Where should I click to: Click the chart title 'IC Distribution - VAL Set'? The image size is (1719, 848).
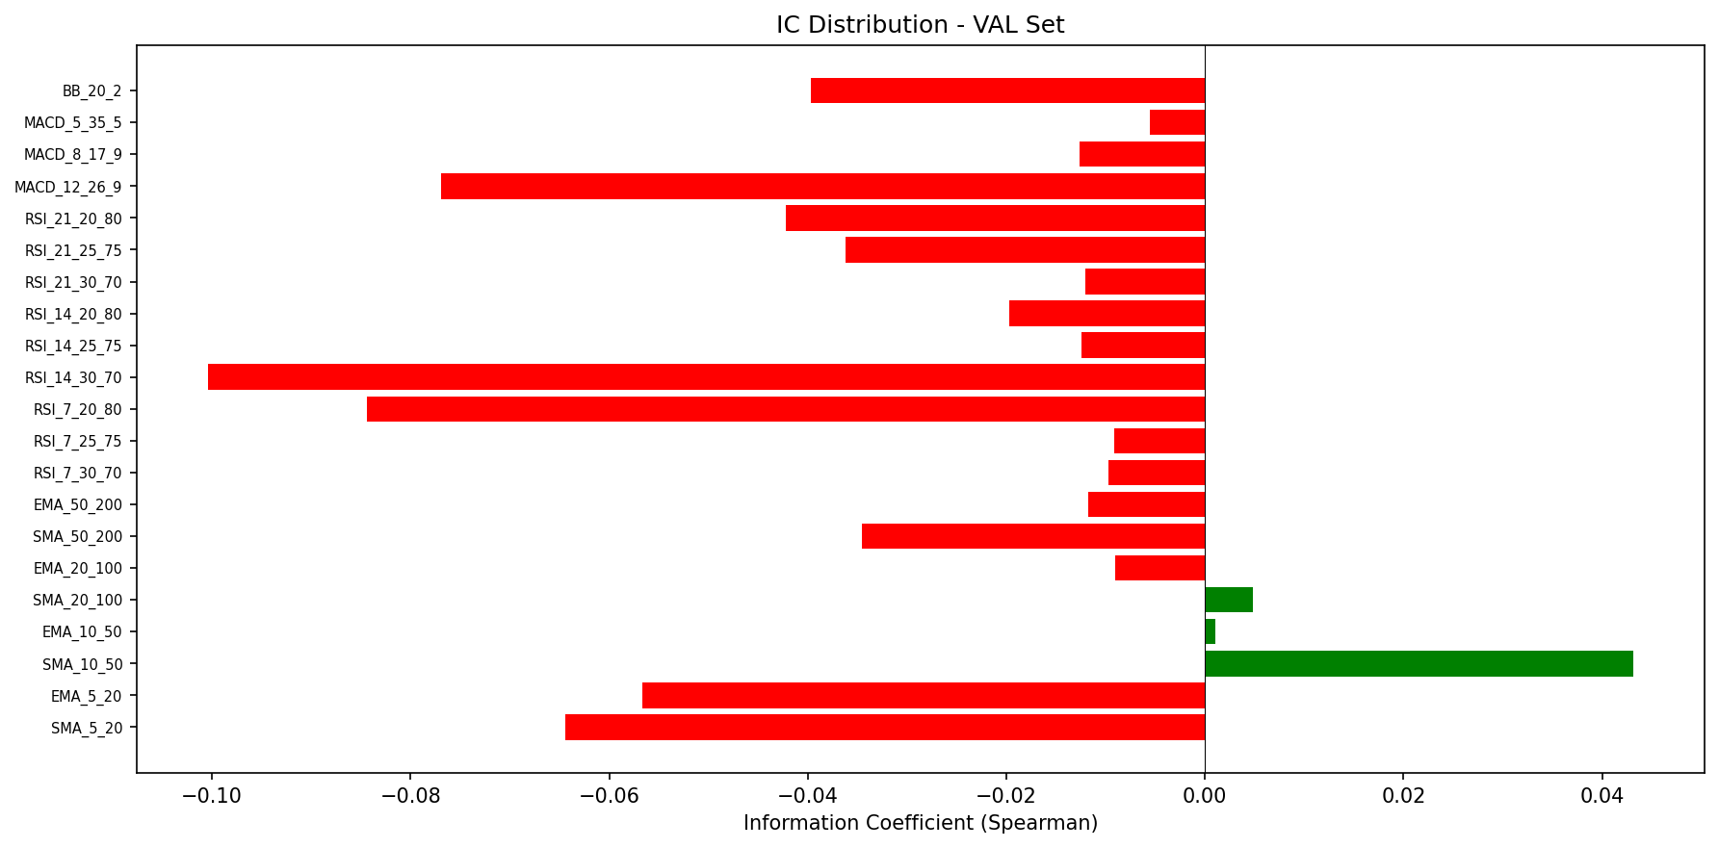click(920, 25)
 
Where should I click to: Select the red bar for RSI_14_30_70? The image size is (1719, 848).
click(706, 377)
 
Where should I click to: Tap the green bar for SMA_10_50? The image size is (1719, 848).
click(1419, 664)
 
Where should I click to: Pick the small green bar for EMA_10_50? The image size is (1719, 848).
click(1210, 632)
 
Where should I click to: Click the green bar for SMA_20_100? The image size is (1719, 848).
click(1228, 601)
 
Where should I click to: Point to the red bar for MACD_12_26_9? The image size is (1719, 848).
click(822, 187)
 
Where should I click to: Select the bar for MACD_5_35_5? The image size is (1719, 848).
click(1177, 123)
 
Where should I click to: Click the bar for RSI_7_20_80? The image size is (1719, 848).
click(786, 409)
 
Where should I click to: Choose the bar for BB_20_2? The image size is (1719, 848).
click(1007, 90)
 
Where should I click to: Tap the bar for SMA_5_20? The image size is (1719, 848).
click(885, 728)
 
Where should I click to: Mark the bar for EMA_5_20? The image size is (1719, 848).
click(924, 696)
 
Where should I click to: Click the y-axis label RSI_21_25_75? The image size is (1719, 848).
click(74, 251)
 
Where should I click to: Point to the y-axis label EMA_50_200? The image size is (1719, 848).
click(78, 505)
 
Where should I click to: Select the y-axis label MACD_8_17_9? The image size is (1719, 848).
click(73, 155)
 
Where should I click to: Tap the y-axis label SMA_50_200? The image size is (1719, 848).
click(78, 537)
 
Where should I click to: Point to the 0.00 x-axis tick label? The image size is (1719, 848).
click(1204, 797)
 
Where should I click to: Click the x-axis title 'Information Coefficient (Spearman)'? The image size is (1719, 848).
click(920, 824)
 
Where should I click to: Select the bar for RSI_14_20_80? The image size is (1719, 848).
click(1107, 314)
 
